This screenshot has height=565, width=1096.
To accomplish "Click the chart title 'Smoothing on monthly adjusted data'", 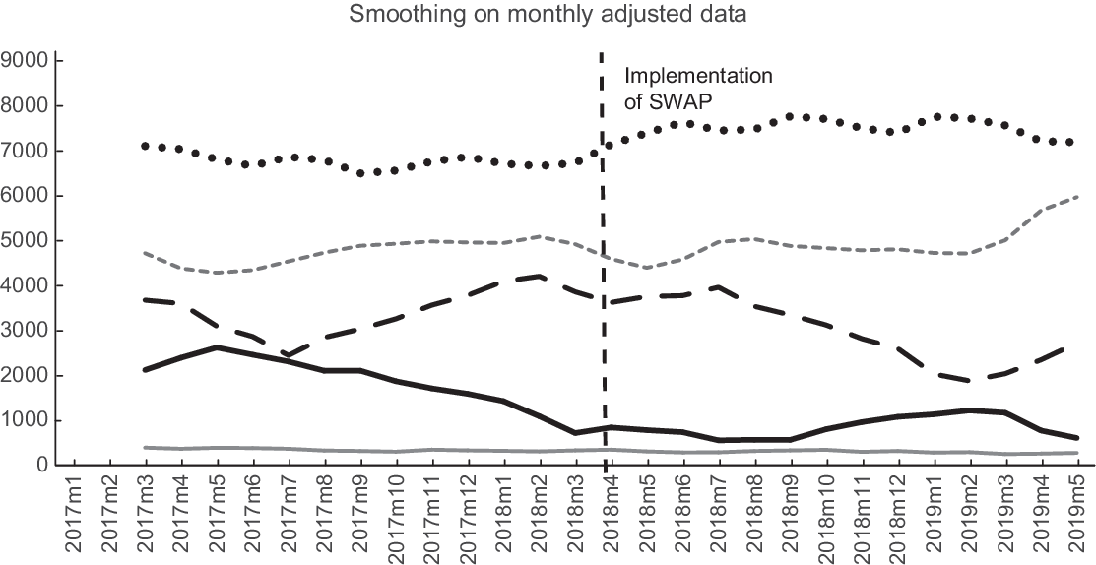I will (548, 15).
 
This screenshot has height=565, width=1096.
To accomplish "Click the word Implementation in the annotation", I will (699, 76).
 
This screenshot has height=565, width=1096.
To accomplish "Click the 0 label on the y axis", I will (41, 466).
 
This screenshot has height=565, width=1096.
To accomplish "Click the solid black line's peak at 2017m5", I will (218, 347).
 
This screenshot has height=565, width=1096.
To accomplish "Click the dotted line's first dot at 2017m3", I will (146, 146).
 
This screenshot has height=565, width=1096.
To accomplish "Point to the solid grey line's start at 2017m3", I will (146, 448).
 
